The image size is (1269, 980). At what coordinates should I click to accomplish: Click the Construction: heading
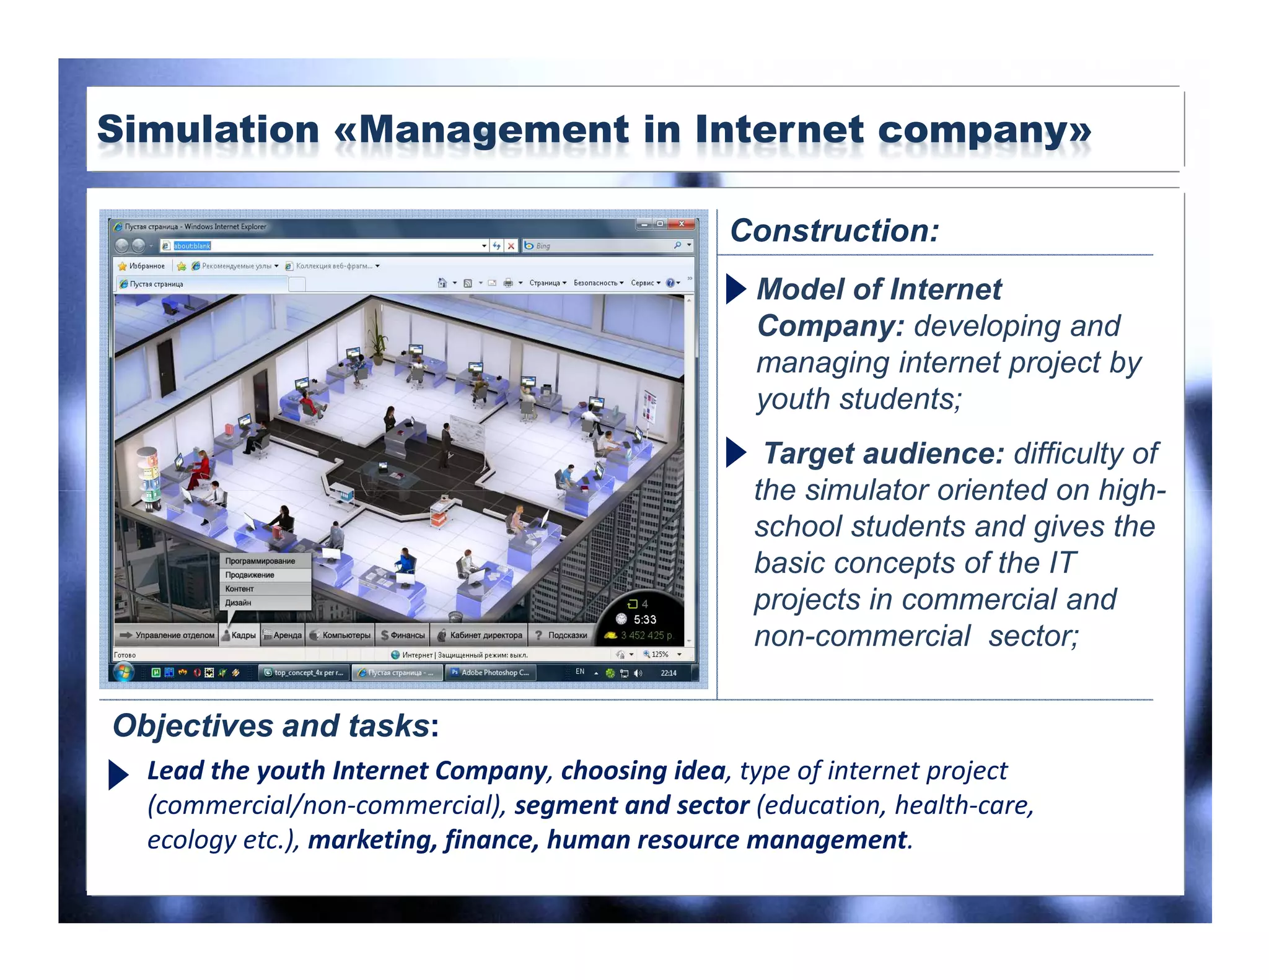(834, 230)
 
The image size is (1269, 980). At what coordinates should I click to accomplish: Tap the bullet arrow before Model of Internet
(735, 289)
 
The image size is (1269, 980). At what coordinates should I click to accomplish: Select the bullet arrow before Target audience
(735, 453)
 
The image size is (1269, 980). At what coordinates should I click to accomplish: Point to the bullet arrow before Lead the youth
(118, 774)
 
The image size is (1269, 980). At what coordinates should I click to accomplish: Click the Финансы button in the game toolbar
(403, 635)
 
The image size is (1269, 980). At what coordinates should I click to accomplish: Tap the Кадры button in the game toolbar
(239, 635)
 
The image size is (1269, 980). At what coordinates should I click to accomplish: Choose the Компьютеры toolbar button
(340, 635)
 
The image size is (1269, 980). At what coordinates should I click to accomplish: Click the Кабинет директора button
(481, 635)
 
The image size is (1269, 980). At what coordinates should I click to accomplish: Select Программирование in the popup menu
(260, 561)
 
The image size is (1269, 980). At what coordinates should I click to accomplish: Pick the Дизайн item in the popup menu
(238, 603)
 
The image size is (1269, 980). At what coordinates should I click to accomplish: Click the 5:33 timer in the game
(644, 619)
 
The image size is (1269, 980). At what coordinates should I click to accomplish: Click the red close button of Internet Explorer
(682, 224)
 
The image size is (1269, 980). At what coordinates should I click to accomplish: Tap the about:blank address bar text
(192, 246)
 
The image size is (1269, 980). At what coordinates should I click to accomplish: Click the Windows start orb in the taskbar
(124, 672)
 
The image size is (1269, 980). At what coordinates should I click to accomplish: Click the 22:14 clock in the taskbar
(669, 673)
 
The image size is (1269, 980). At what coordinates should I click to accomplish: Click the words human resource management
(727, 841)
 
